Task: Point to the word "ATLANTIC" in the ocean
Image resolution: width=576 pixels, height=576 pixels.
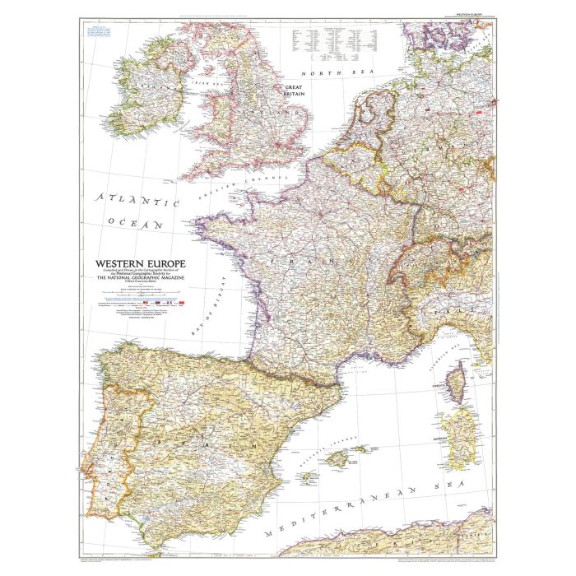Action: (x=137, y=201)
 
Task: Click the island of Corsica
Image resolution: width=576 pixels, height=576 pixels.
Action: (x=458, y=386)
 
